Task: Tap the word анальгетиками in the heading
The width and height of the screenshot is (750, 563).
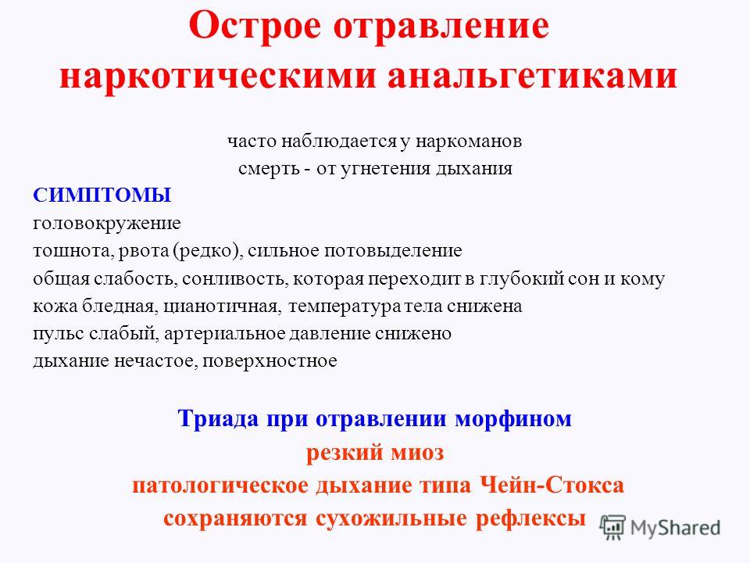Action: [532, 75]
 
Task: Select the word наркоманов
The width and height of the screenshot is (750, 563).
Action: [468, 142]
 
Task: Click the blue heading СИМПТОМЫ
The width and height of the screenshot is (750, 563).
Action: [102, 195]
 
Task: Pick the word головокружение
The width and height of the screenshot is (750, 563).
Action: [107, 224]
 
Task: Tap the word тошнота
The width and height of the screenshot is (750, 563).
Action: [73, 251]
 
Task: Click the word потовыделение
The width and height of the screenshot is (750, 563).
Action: [393, 251]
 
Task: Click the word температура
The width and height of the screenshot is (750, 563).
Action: [345, 307]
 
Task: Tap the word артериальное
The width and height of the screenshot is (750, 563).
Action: [224, 334]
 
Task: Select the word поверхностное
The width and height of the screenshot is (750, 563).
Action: [270, 361]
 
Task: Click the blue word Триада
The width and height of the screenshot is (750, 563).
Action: [219, 418]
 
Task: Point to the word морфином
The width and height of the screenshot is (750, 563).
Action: [513, 419]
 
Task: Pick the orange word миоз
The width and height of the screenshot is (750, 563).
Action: [417, 453]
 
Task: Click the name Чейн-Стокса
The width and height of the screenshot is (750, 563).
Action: [552, 485]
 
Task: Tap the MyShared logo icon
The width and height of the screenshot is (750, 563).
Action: [613, 528]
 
